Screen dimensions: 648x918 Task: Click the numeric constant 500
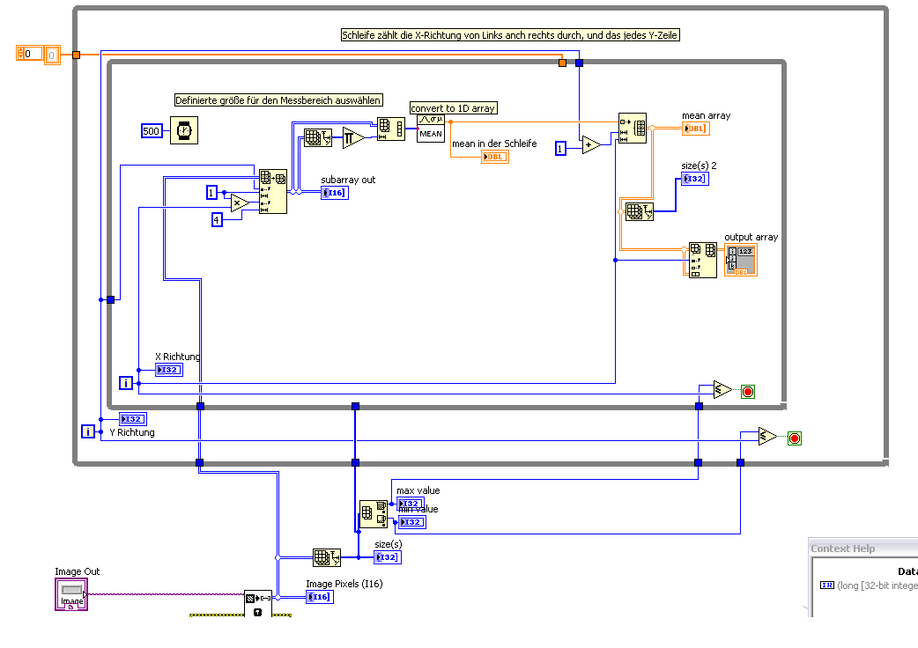click(152, 131)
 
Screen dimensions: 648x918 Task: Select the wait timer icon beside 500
click(184, 130)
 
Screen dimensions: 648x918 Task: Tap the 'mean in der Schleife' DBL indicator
click(494, 157)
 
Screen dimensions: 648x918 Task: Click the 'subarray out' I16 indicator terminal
click(334, 192)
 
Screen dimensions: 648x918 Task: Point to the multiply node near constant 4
click(240, 203)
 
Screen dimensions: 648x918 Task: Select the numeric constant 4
click(217, 219)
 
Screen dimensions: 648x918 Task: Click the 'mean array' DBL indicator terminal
click(694, 128)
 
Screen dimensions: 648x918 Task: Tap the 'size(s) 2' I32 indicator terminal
click(694, 179)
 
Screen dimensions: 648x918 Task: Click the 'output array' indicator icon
click(740, 260)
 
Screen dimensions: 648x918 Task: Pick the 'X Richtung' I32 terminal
click(168, 370)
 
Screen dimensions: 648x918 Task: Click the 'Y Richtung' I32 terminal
click(132, 419)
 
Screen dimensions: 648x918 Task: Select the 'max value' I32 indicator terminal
click(410, 504)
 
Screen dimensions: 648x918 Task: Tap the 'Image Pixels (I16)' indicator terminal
click(320, 597)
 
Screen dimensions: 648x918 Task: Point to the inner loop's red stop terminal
click(748, 391)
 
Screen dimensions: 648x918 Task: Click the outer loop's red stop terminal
click(794, 438)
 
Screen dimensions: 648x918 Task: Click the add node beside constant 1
click(590, 145)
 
